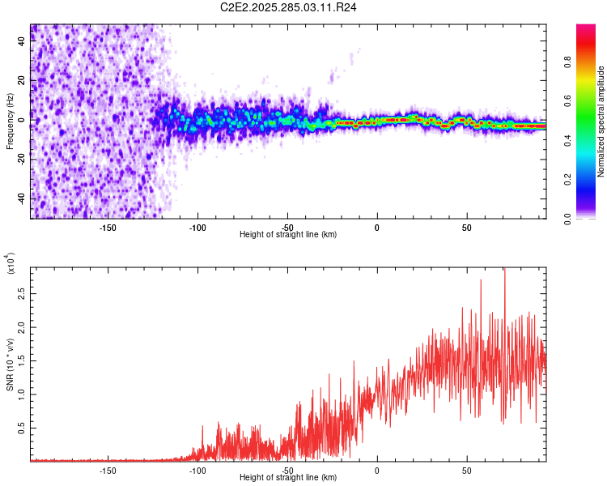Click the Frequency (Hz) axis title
pos(10,121)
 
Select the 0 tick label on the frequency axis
pos(21,120)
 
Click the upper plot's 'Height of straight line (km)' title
pos(288,235)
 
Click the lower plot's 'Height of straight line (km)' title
pos(288,478)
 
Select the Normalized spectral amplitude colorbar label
pos(601,122)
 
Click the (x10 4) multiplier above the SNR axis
pos(11,263)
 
